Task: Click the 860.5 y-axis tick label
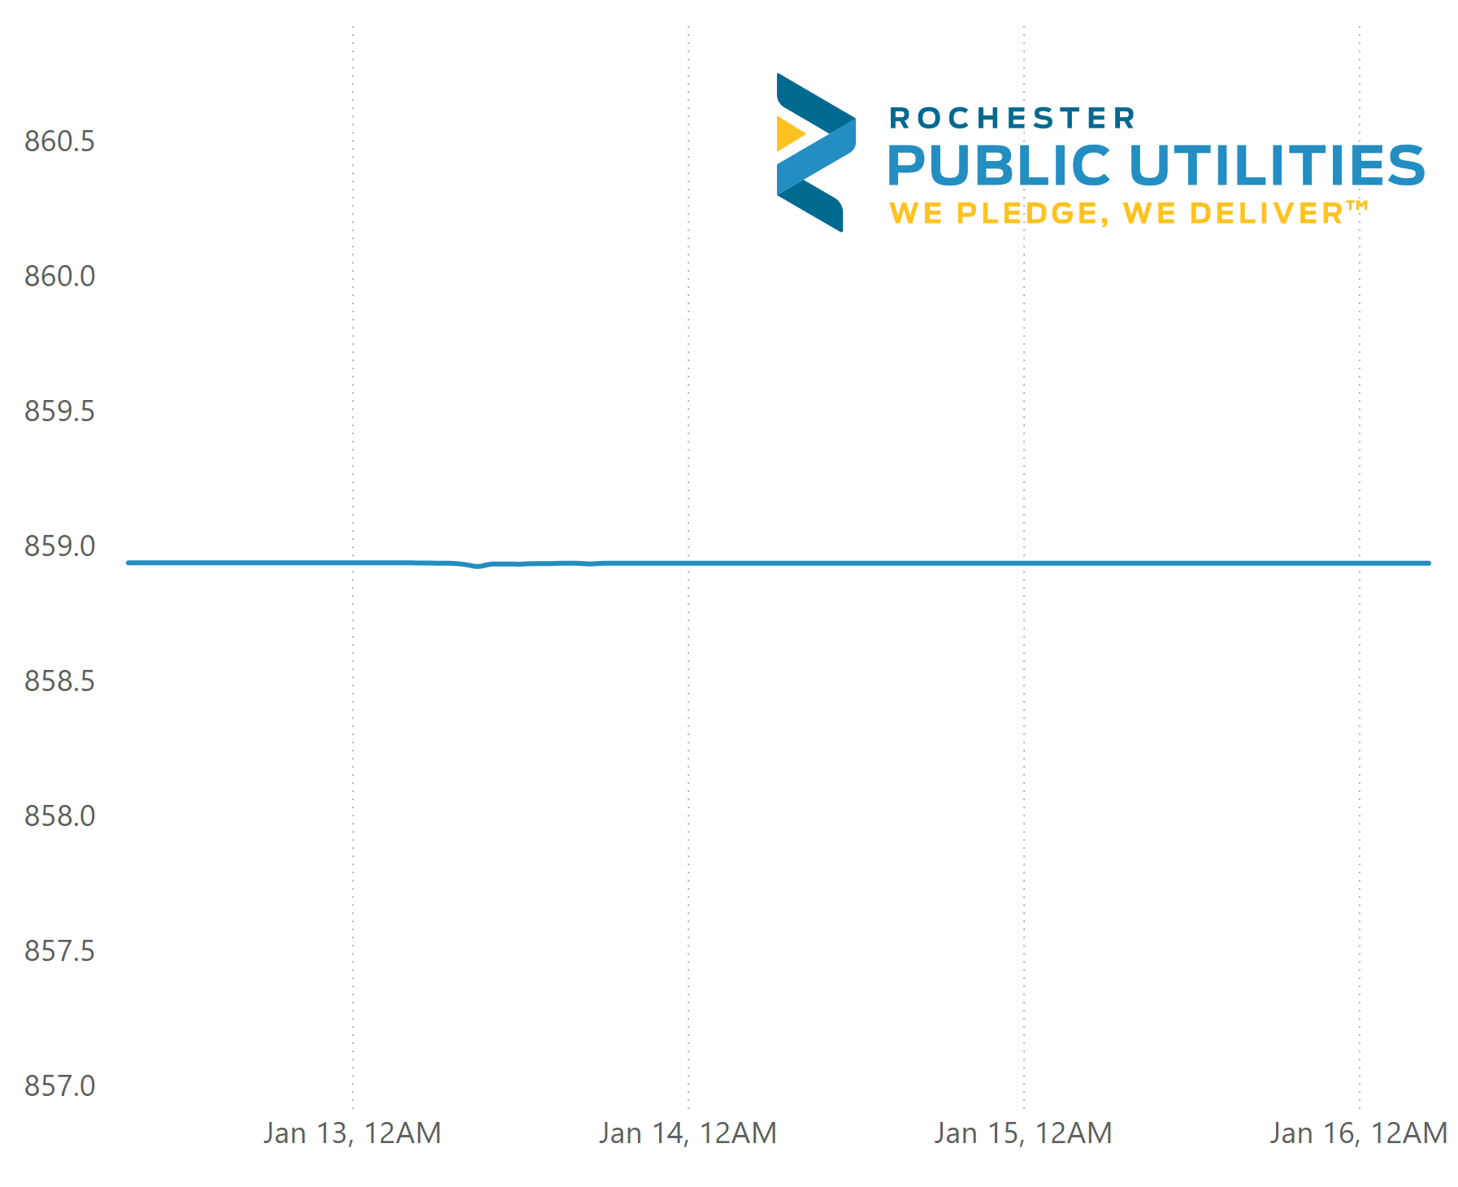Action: tap(59, 141)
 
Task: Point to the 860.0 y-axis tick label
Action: tap(59, 276)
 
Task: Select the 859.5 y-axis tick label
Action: tap(59, 411)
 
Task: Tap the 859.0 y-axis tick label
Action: tap(59, 546)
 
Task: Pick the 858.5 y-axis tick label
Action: tap(59, 681)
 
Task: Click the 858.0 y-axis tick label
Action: tap(59, 816)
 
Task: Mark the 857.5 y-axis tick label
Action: tap(59, 951)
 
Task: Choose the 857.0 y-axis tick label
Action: tap(59, 1086)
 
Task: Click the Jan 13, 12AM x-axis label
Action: tap(352, 1133)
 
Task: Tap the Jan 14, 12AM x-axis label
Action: tap(688, 1133)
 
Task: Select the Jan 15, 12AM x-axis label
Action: tap(1023, 1133)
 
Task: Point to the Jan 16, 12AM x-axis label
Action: tap(1359, 1133)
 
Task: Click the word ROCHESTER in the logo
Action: tap(1012, 119)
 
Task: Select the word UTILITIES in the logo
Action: tap(1277, 166)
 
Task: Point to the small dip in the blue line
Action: tap(478, 566)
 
